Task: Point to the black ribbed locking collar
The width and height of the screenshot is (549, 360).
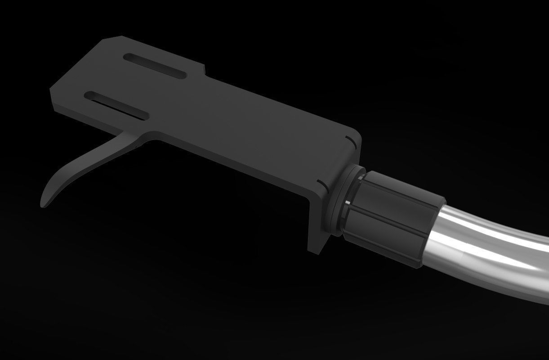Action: click(x=396, y=211)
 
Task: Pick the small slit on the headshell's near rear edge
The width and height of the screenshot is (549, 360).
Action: click(x=321, y=183)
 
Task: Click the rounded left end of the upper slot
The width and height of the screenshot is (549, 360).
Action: click(x=128, y=58)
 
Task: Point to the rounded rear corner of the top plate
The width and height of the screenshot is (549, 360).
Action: click(x=355, y=135)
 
